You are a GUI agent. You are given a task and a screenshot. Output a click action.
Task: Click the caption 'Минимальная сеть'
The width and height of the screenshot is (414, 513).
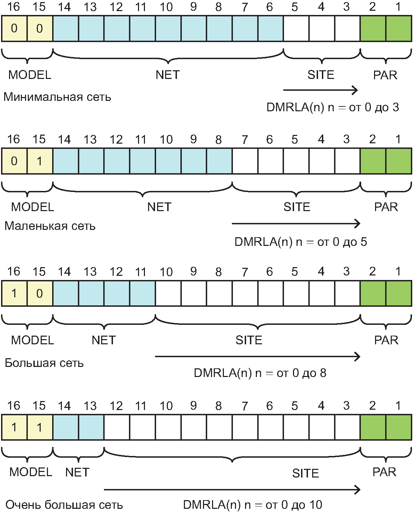coord(57,97)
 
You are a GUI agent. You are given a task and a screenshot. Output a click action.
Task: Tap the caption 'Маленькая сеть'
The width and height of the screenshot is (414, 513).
coord(50,226)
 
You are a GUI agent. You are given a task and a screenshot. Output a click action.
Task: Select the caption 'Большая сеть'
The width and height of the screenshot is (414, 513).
coord(44,363)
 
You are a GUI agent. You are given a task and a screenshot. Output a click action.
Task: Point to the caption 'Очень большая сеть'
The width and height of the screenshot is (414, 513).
coord(64,505)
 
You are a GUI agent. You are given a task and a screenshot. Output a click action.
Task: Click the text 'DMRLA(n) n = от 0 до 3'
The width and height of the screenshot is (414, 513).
coord(333,107)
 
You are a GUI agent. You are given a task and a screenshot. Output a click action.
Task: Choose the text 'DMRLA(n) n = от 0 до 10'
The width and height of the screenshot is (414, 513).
coord(252,505)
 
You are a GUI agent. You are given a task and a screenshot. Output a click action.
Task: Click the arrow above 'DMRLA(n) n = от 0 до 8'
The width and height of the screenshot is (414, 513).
coord(258,356)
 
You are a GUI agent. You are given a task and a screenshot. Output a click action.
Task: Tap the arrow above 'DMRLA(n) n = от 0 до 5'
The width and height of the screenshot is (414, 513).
coord(296,224)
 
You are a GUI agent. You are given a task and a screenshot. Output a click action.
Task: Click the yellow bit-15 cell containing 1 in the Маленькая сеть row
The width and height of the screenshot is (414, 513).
coord(40,161)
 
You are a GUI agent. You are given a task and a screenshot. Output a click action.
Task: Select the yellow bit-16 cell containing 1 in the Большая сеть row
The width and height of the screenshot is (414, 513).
coord(14,293)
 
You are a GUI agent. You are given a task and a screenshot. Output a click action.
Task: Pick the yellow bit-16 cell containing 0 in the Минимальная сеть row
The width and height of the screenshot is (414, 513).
coord(14,29)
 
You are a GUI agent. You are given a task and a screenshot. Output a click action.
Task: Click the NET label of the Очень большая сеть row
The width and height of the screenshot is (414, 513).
coord(77,472)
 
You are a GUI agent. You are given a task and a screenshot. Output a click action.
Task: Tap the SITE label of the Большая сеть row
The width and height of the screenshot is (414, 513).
coord(249,340)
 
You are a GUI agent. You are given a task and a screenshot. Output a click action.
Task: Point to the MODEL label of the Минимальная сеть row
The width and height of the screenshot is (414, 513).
coord(30,75)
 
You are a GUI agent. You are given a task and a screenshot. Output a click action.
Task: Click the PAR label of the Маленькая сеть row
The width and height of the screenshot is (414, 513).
coord(386,207)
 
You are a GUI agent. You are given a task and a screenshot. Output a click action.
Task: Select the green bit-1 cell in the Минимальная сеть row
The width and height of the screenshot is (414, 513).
coord(399,29)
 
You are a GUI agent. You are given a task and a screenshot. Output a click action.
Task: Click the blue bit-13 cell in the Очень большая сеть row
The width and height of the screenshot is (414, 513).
coord(91,427)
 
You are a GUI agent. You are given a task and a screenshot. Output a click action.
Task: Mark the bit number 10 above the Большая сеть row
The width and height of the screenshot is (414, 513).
coord(166,272)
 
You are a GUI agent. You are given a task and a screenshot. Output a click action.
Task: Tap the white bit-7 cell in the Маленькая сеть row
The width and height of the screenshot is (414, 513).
coord(245,161)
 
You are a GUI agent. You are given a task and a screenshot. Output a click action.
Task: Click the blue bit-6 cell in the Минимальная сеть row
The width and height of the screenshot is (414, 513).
coord(270,29)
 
